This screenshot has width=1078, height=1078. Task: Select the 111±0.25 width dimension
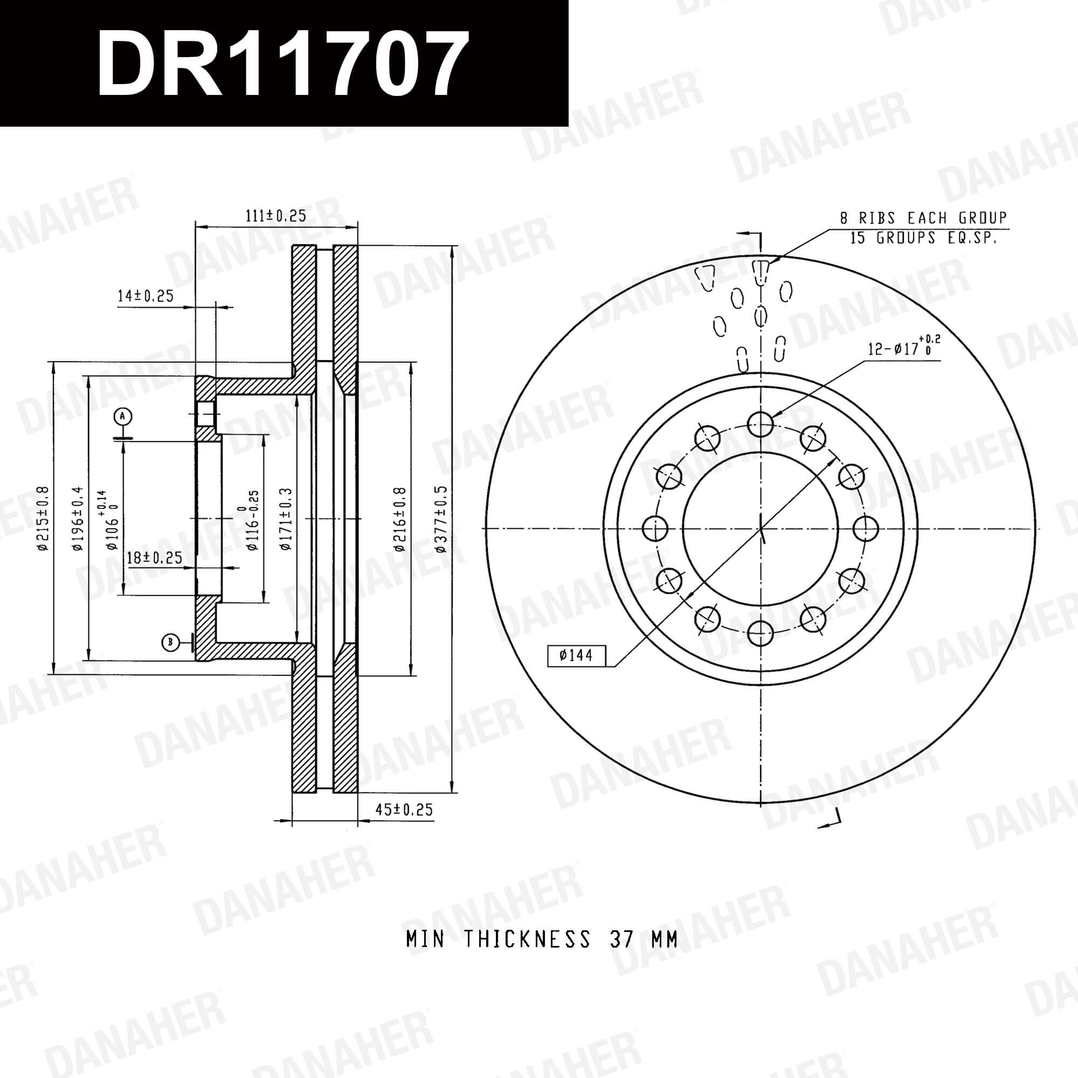276,216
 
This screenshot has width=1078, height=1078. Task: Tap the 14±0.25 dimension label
146,296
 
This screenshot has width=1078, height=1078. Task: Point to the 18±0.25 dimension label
155,557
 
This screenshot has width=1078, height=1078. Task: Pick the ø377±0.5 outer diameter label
441,519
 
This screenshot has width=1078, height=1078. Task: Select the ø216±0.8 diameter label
399,520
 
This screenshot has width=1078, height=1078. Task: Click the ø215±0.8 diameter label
43,519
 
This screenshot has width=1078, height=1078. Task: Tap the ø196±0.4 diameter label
77,519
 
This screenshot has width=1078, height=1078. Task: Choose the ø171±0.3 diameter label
286,520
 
